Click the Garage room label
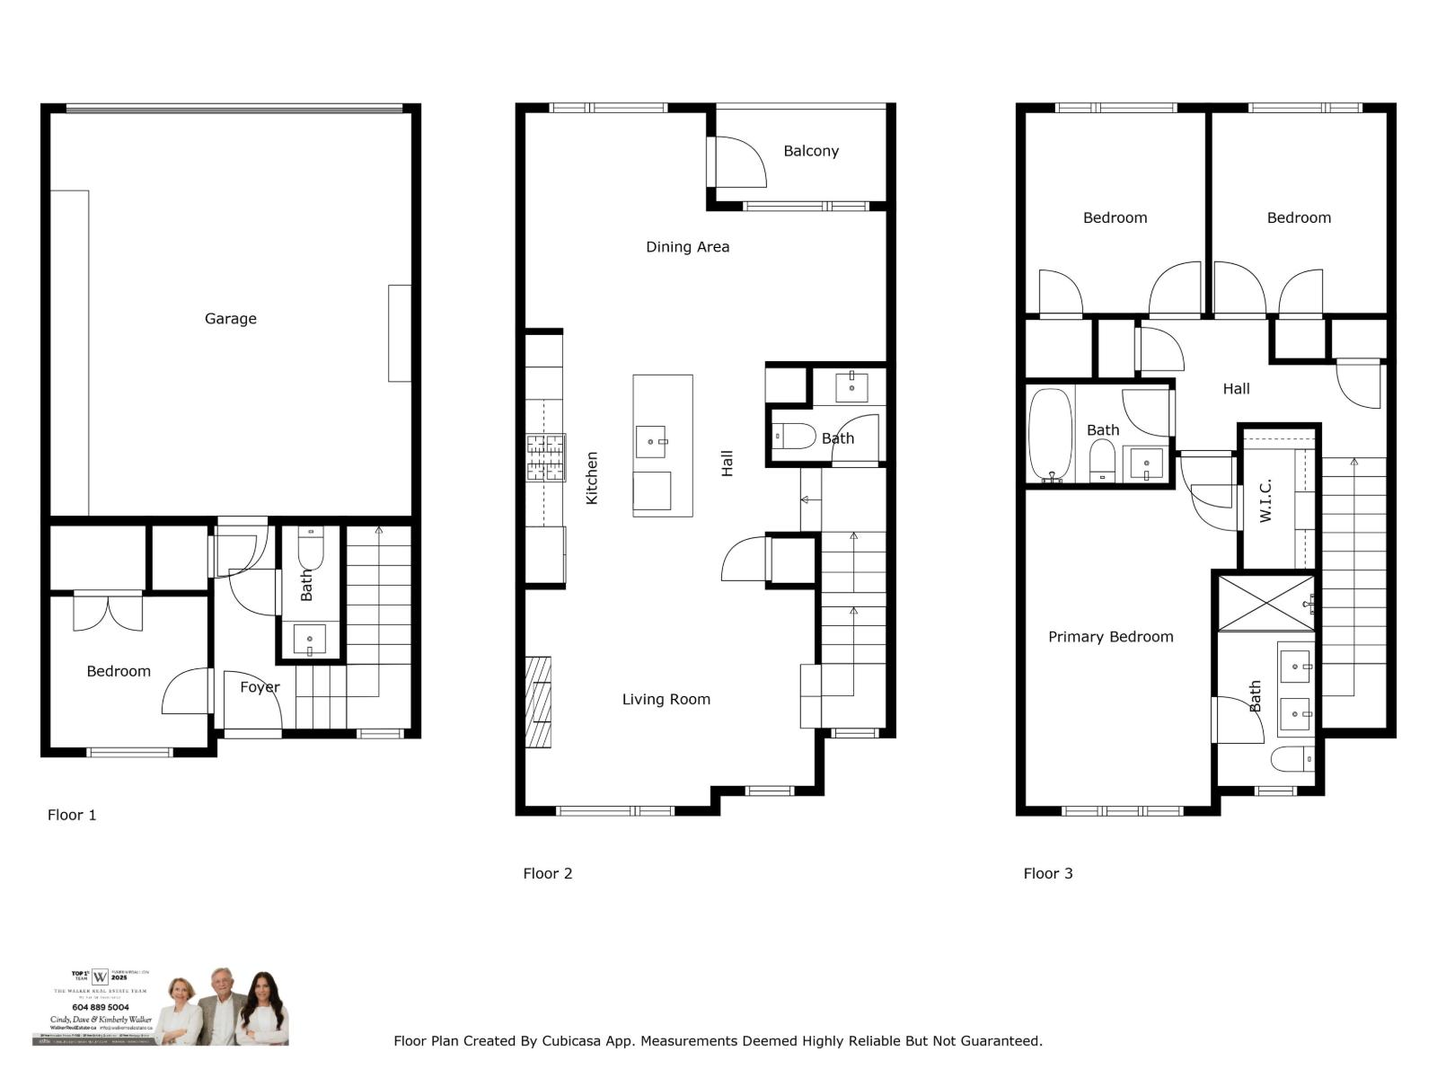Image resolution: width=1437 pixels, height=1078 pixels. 230,318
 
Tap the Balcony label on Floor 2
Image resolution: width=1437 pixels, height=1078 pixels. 810,151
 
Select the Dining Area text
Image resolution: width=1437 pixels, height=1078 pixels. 687,246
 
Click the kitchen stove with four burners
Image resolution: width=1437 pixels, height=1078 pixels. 545,457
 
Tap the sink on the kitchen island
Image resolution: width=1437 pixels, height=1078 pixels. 651,442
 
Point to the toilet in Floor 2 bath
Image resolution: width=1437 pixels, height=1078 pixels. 794,437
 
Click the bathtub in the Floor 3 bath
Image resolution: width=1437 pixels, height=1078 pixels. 1050,435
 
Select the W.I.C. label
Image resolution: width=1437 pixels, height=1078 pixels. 1265,500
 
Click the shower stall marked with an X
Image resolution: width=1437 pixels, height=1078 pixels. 1265,603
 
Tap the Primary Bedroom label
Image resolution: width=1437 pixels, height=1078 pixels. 1110,637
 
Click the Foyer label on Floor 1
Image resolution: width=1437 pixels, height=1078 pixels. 260,687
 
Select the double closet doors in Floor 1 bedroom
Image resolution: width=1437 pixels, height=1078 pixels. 108,612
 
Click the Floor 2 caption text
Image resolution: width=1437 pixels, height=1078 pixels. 547,873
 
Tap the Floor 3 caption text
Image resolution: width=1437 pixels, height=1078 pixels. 1047,873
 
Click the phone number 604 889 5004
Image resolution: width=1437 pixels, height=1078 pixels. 101,1007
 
